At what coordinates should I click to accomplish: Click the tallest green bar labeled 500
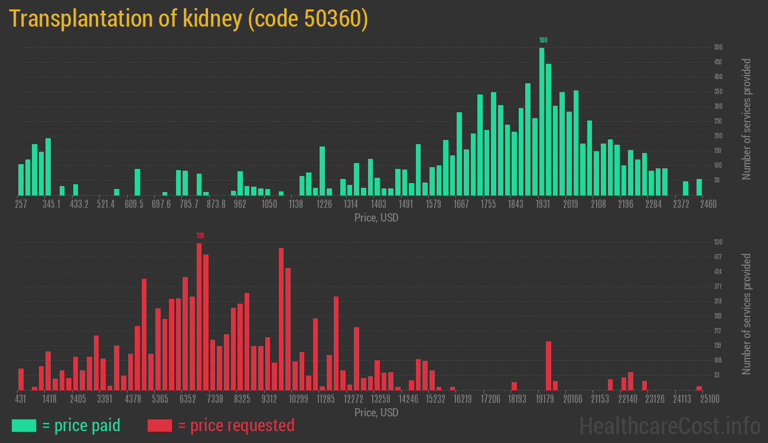point(542,121)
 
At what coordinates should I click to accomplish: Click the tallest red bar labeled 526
point(199,316)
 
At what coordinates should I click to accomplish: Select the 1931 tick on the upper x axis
point(543,204)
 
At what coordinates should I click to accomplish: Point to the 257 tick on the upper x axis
point(21,204)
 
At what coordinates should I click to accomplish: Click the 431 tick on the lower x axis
point(21,399)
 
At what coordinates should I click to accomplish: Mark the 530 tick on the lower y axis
point(718,242)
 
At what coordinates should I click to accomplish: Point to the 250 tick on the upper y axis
point(718,121)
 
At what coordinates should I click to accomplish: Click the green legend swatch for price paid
point(24,425)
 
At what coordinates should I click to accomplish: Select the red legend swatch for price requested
point(160,425)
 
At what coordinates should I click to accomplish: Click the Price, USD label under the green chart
point(376,218)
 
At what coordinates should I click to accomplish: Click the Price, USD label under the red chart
point(376,412)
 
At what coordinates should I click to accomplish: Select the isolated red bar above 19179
point(548,366)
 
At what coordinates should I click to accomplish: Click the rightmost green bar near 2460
point(699,187)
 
